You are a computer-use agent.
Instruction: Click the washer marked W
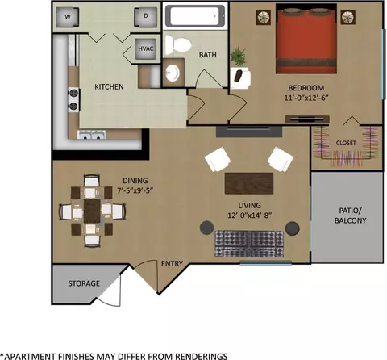(x=68, y=17)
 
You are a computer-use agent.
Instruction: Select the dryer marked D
(x=146, y=17)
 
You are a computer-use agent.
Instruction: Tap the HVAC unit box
(x=146, y=48)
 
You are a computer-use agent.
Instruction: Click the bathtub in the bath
(x=195, y=16)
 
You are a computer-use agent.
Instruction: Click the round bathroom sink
(x=173, y=73)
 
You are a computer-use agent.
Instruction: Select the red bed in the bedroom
(x=306, y=41)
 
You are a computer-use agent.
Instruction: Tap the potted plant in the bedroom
(x=238, y=57)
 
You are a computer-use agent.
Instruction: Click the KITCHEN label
(x=109, y=86)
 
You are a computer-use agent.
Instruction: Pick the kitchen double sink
(x=92, y=135)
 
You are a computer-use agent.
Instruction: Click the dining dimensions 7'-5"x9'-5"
(x=135, y=190)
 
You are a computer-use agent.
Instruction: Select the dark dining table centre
(x=92, y=211)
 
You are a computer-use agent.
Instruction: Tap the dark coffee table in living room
(x=249, y=183)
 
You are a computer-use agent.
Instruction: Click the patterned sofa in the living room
(x=249, y=244)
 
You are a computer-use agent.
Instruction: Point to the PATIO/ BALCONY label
(x=351, y=216)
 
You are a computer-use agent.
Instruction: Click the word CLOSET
(x=346, y=143)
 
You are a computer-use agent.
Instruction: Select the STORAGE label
(x=84, y=283)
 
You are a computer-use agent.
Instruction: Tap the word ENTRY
(x=172, y=264)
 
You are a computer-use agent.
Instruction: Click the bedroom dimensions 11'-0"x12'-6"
(x=306, y=98)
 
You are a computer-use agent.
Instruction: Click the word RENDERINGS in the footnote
(x=202, y=356)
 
